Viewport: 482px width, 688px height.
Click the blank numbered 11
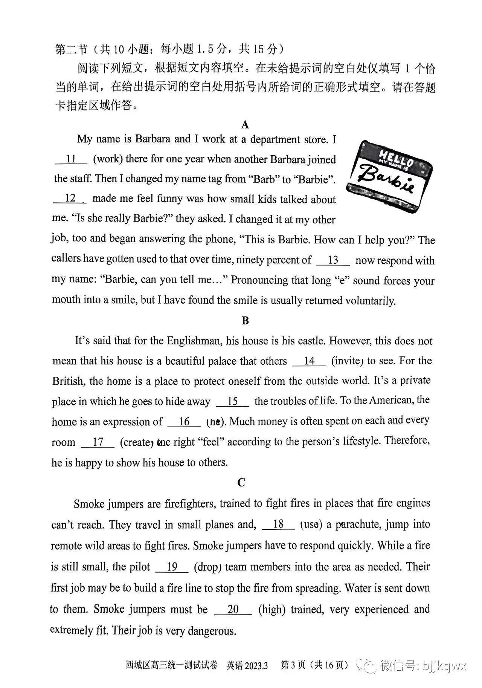coord(71,160)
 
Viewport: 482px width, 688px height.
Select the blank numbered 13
coord(333,261)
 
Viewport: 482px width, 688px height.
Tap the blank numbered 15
coord(232,402)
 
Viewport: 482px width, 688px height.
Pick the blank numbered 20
coord(233,610)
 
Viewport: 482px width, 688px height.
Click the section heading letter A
coord(245,125)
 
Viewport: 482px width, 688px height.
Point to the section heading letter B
coord(245,321)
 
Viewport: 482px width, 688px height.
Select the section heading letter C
coord(241,482)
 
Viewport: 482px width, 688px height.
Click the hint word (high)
coord(272,610)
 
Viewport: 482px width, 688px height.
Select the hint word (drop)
coord(207,567)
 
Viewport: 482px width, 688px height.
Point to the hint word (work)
coord(108,159)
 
